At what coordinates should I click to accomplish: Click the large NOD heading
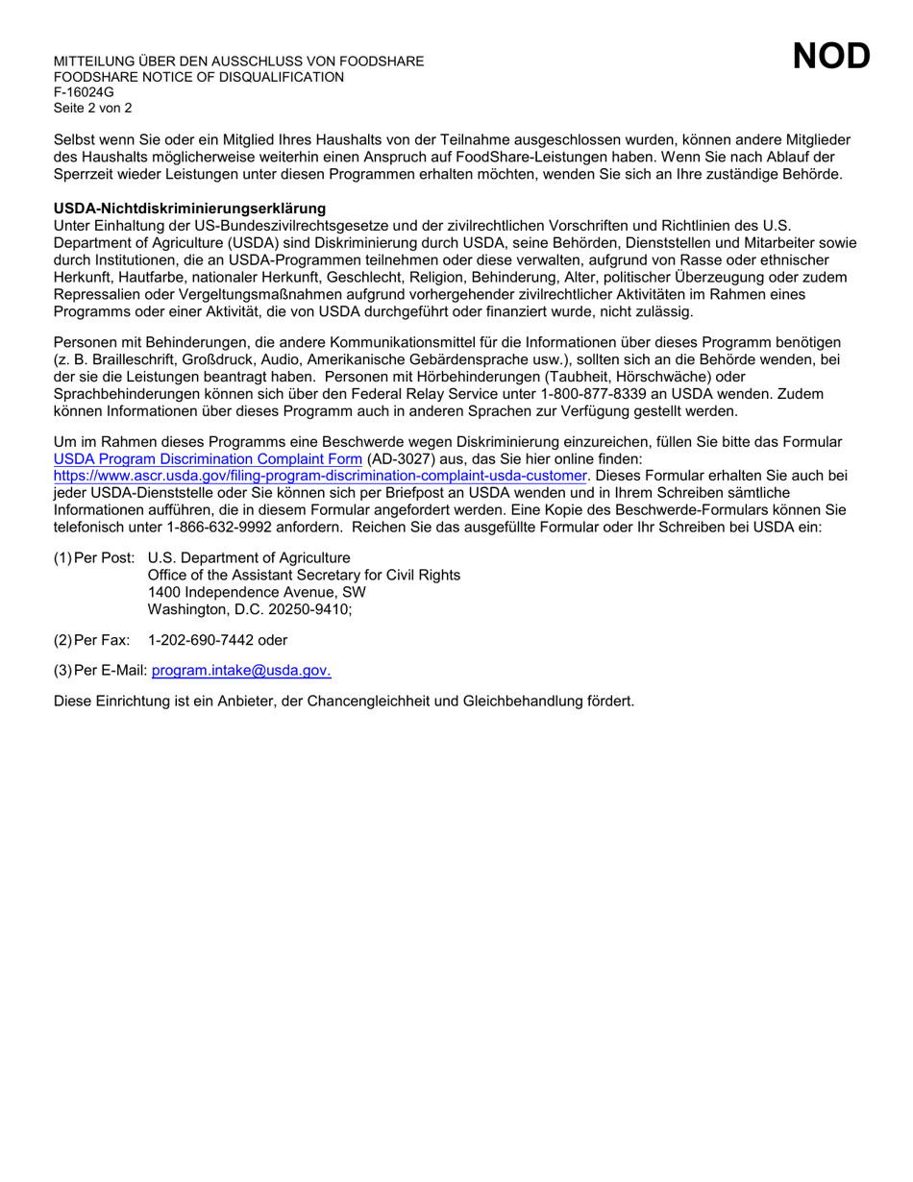pos(831,57)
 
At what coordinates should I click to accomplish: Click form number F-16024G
pos(84,92)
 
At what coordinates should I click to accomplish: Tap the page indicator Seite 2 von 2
pos(93,108)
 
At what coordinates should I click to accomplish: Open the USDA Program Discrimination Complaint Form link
pos(208,459)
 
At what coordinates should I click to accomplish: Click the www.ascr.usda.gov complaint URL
pos(320,476)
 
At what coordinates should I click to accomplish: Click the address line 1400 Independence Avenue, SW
pos(257,592)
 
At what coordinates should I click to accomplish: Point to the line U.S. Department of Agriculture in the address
pos(249,558)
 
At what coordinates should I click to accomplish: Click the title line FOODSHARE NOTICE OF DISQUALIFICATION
pos(199,77)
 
